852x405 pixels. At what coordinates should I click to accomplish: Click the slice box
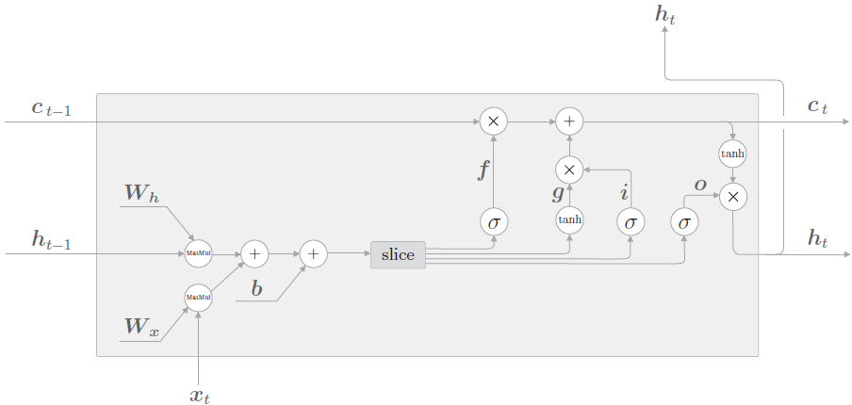point(398,254)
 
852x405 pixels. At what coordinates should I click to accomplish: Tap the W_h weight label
point(141,193)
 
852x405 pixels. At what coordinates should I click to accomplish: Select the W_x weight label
point(141,327)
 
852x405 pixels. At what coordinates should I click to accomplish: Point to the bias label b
point(255,288)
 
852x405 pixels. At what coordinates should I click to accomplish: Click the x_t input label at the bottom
point(199,395)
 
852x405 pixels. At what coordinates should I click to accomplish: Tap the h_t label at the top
point(664,16)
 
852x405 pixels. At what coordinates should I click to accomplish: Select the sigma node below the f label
point(492,222)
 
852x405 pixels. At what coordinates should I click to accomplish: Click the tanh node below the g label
point(569,219)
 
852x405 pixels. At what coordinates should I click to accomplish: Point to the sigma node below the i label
point(630,222)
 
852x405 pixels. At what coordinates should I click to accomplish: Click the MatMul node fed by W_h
point(198,253)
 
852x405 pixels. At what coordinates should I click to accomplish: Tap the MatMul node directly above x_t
point(198,298)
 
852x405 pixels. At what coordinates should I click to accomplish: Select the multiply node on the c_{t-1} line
point(492,121)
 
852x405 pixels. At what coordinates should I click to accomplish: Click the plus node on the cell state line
point(569,121)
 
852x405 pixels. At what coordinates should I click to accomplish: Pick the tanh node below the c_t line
point(733,154)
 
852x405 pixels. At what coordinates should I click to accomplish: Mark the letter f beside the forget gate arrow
point(483,170)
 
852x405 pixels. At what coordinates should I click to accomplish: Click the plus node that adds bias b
point(313,253)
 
